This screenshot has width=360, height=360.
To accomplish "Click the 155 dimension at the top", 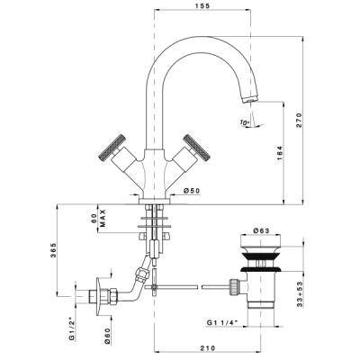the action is click(202, 5).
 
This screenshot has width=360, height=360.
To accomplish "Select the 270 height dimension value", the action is click(299, 121).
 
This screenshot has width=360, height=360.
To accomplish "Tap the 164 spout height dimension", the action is click(279, 153).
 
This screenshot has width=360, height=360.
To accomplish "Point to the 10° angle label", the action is click(245, 122).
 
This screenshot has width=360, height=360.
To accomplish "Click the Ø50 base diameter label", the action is click(192, 191).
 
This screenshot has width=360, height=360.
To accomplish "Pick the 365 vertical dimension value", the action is click(53, 249).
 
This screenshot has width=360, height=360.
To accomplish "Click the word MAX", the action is click(103, 218).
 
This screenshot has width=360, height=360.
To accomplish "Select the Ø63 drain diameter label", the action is click(261, 230).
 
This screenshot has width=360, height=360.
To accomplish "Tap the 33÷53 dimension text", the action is click(299, 294).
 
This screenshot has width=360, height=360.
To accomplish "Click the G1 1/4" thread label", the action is click(222, 322).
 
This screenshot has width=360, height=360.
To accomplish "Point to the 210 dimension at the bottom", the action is click(208, 348).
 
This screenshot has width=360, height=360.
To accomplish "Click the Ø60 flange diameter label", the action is click(108, 336).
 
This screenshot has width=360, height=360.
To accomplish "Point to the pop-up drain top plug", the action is click(260, 240).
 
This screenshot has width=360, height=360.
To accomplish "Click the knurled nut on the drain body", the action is click(234, 286).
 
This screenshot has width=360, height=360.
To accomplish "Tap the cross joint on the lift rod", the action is click(154, 287).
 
